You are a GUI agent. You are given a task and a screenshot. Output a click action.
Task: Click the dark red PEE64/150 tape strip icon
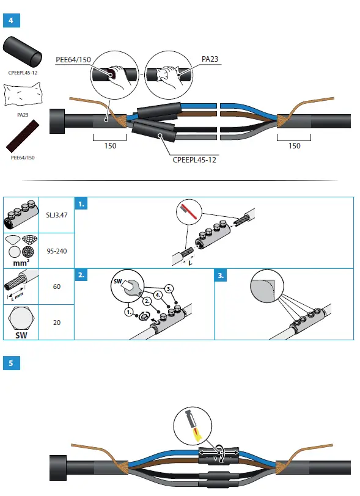tap(22, 136)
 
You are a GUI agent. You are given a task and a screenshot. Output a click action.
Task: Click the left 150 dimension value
tap(110, 146)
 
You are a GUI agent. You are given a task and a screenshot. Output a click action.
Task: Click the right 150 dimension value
tap(294, 146)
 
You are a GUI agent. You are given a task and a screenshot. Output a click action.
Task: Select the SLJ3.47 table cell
tap(56, 215)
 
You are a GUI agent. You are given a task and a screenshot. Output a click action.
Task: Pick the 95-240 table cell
tap(56, 250)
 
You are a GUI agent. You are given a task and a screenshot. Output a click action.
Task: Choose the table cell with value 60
tap(56, 286)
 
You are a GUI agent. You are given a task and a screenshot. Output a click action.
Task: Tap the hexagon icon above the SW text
tap(21, 317)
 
